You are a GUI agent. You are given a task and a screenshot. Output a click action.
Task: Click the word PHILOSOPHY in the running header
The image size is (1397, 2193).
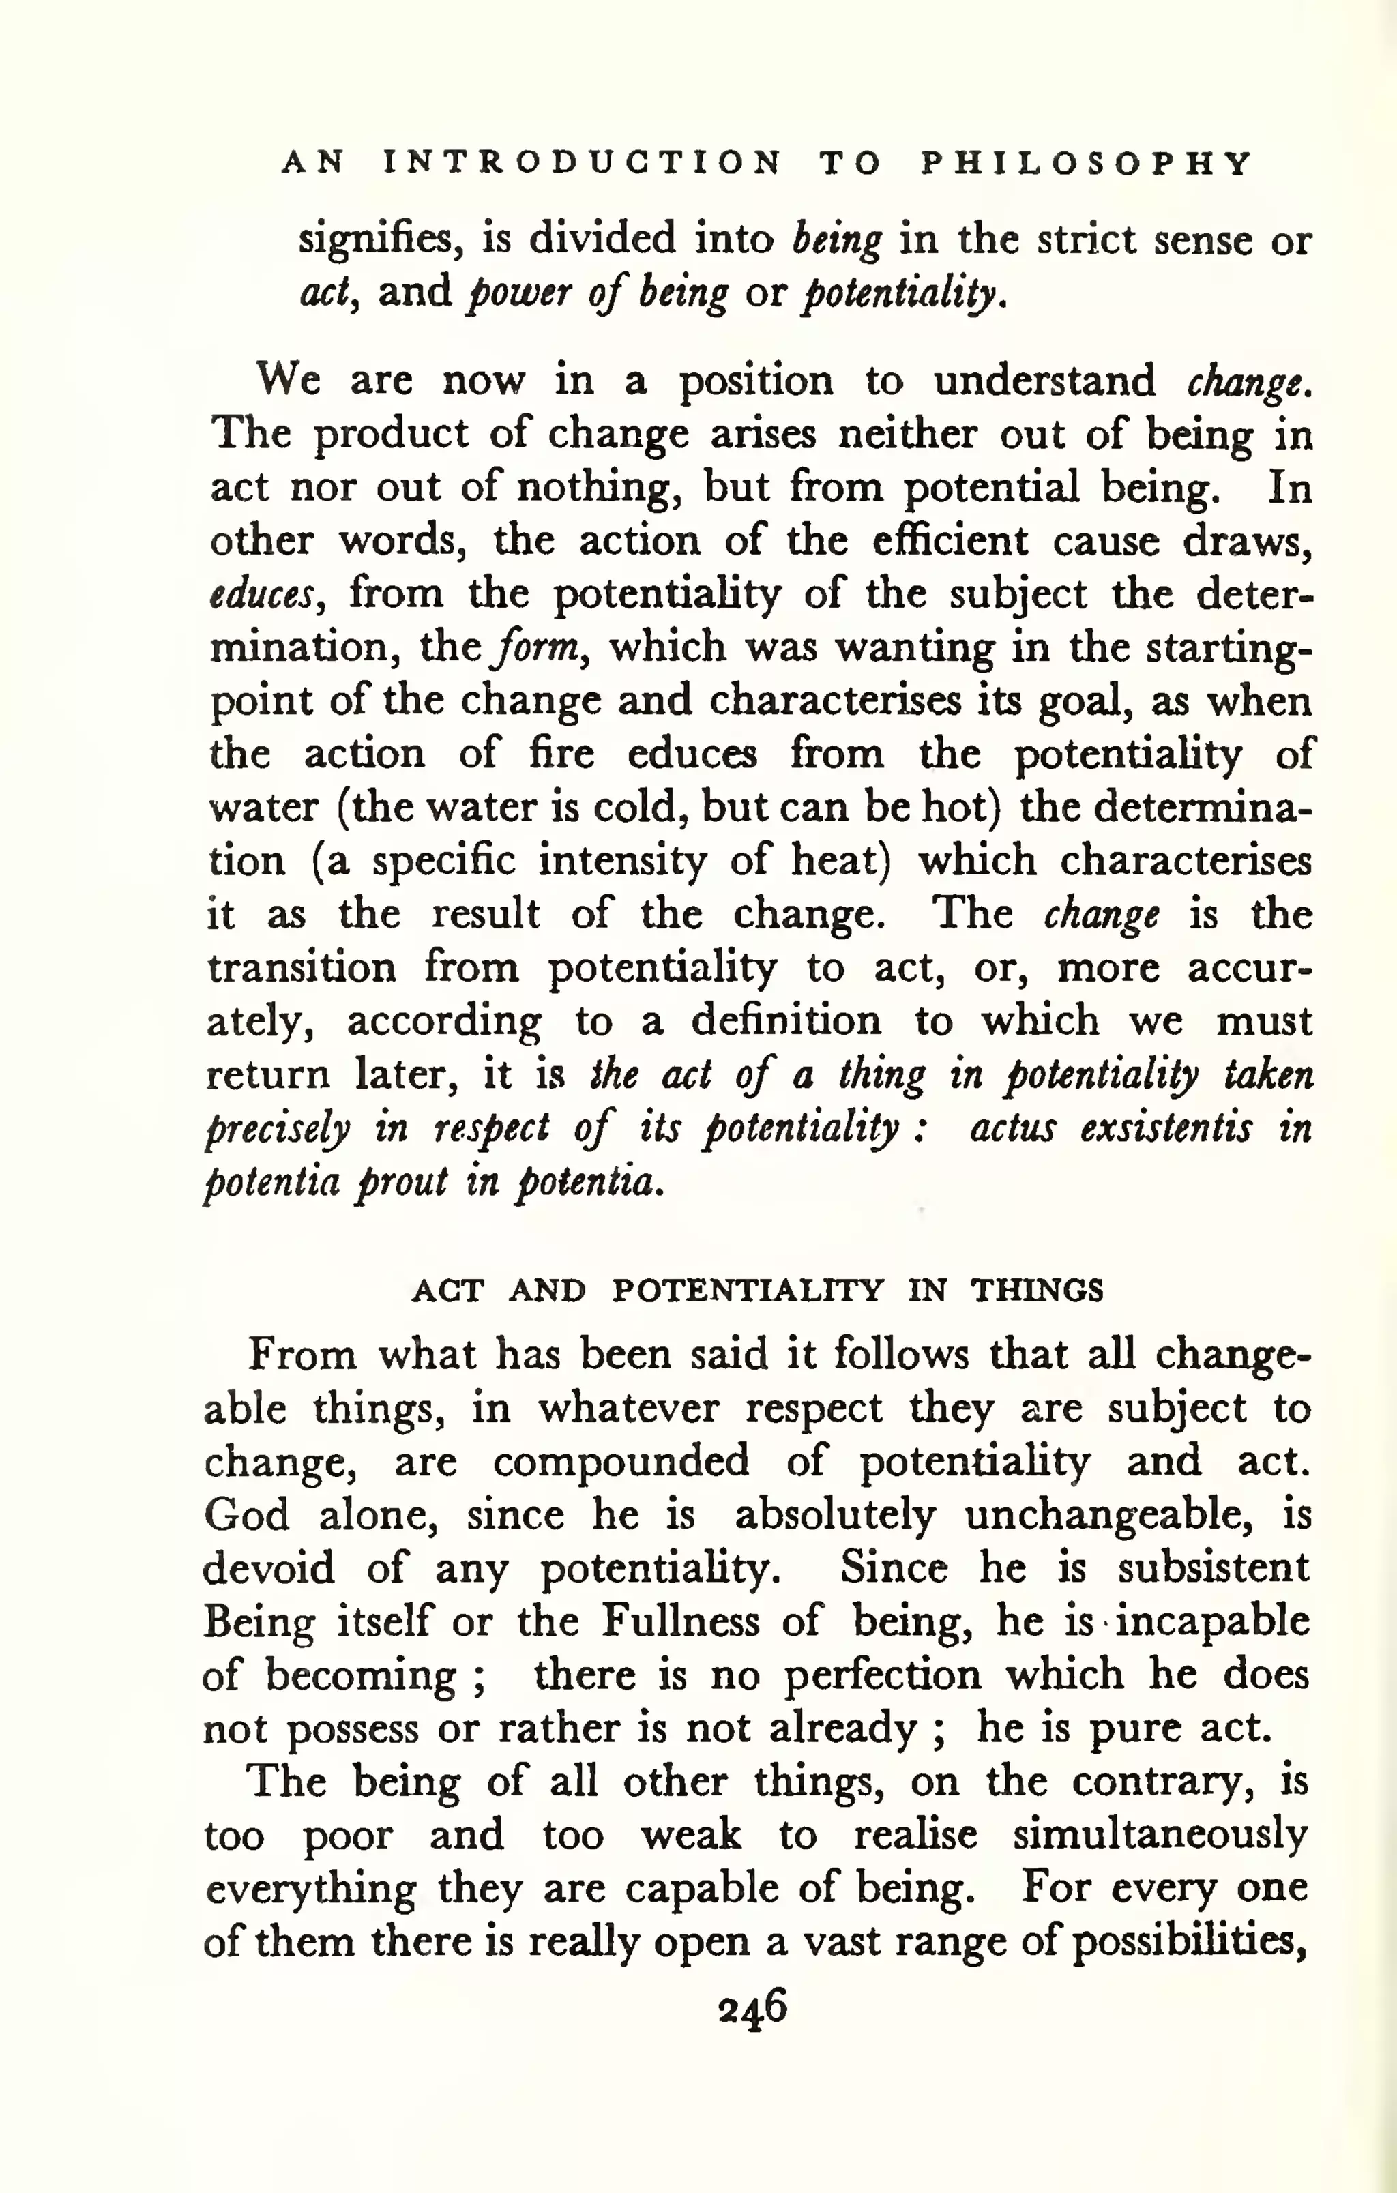(1087, 164)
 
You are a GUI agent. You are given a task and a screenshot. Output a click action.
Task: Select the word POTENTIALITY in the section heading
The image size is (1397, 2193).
(747, 1291)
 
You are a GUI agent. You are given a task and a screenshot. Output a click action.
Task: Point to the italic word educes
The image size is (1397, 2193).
(263, 595)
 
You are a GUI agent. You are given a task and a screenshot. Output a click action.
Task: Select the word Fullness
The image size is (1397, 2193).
(679, 1622)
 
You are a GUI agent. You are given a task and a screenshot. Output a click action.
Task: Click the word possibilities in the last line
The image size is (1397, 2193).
(1188, 1942)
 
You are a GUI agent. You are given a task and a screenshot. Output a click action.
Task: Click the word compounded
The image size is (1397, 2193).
(621, 1462)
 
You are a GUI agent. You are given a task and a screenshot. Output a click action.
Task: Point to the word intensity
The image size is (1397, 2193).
(622, 862)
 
